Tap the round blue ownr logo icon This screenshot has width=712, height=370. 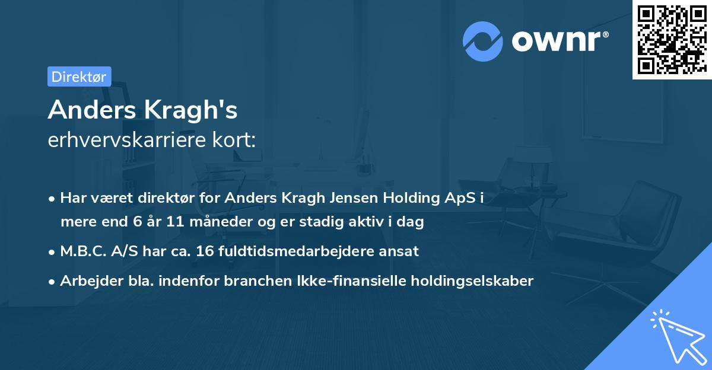click(x=483, y=42)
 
